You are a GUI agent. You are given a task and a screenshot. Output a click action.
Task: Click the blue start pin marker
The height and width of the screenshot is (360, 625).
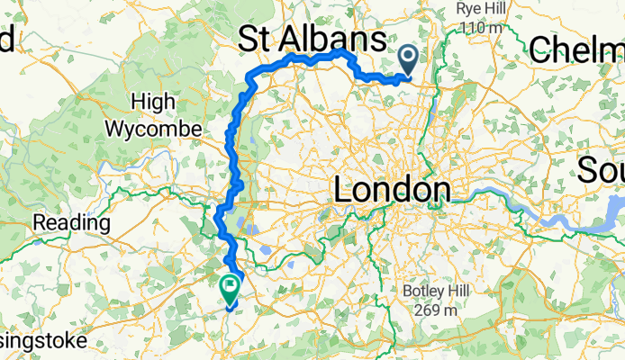tap(408, 61)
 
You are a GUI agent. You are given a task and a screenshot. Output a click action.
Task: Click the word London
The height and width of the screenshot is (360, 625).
tap(392, 191)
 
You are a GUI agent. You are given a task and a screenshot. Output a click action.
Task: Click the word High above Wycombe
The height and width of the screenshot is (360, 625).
tap(153, 101)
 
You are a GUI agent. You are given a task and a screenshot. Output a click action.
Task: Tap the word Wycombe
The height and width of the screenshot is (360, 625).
tap(153, 128)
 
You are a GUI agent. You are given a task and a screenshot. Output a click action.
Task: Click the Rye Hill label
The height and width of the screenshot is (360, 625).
tap(478, 8)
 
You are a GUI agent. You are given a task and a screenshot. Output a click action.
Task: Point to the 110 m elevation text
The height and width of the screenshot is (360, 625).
tap(478, 27)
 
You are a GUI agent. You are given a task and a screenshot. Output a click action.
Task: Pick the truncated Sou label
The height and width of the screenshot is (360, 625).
tap(602, 168)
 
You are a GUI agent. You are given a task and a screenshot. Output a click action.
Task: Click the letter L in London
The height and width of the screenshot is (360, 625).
tap(344, 191)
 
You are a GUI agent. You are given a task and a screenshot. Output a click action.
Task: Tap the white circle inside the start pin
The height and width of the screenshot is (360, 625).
tap(408, 58)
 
